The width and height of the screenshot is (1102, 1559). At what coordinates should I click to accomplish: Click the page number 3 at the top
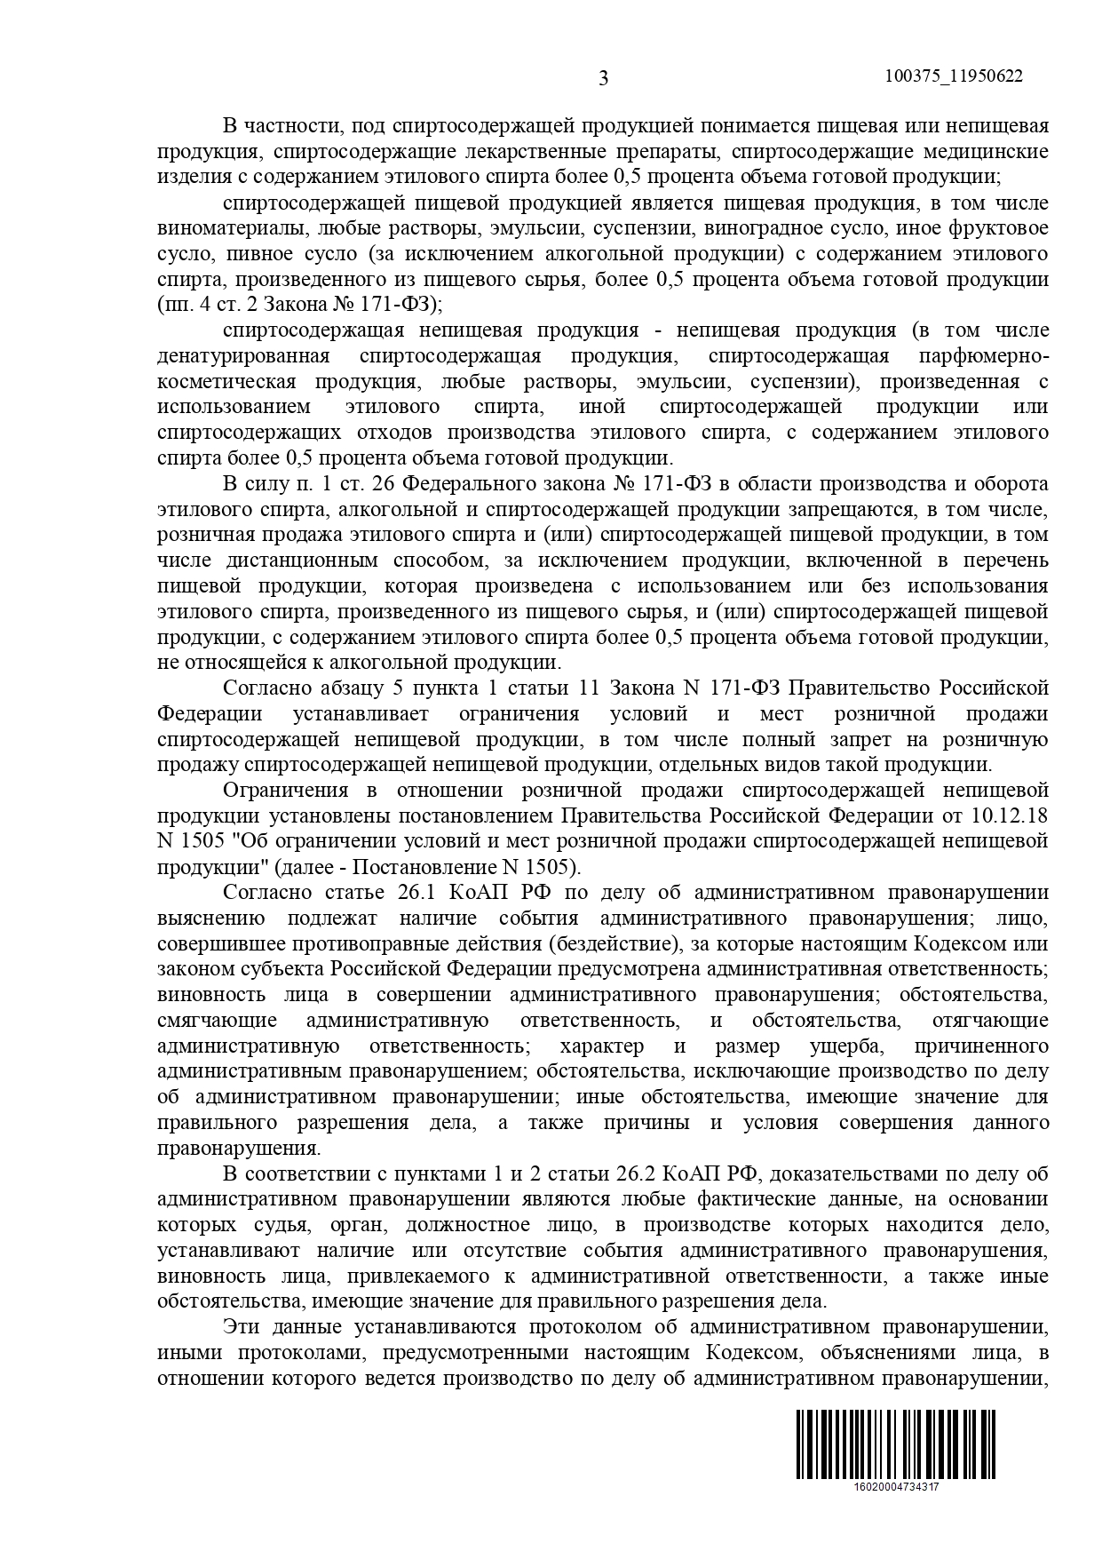pyautogui.click(x=604, y=78)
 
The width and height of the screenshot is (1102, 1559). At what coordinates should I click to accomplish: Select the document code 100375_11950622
pyautogui.click(x=954, y=76)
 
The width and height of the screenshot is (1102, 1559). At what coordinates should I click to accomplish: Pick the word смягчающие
pyautogui.click(x=218, y=1021)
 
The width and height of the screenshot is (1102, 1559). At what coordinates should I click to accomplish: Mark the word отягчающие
pyautogui.click(x=991, y=1021)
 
